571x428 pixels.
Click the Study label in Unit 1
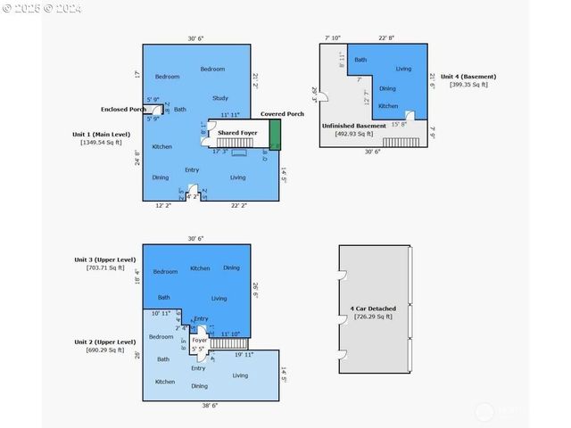coord(219,97)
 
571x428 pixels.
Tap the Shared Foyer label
coord(237,133)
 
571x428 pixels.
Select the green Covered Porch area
coord(275,135)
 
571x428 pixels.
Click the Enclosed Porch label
coord(124,109)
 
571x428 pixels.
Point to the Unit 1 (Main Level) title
coord(101,134)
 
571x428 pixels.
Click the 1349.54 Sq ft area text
coord(101,142)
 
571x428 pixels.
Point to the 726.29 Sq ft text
coord(373,317)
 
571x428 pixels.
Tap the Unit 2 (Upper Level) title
coord(104,342)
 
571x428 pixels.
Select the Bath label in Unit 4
coord(360,60)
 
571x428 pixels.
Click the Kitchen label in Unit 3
coord(200,267)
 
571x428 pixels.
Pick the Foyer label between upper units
coord(200,340)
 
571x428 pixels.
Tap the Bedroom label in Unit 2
coord(161,337)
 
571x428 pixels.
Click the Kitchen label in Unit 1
coord(161,146)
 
